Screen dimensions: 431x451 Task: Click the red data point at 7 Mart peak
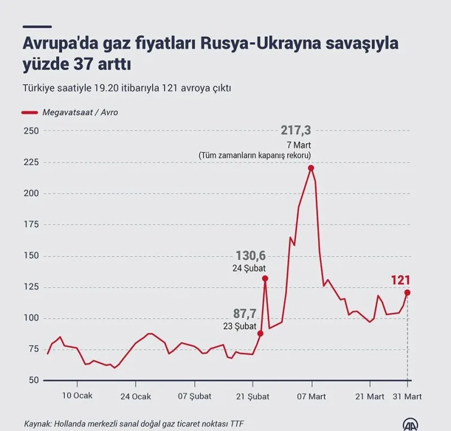311,168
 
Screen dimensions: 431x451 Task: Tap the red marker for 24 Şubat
265,278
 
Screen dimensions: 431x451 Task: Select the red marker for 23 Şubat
260,333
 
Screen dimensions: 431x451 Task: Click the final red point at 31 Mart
407,292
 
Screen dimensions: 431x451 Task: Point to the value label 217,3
295,131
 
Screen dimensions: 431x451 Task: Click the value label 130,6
250,257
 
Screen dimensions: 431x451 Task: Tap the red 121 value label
400,280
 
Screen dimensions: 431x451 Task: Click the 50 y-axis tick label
32,380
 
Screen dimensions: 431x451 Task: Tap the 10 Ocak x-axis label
77,397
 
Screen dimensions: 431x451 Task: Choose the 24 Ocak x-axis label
136,397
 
